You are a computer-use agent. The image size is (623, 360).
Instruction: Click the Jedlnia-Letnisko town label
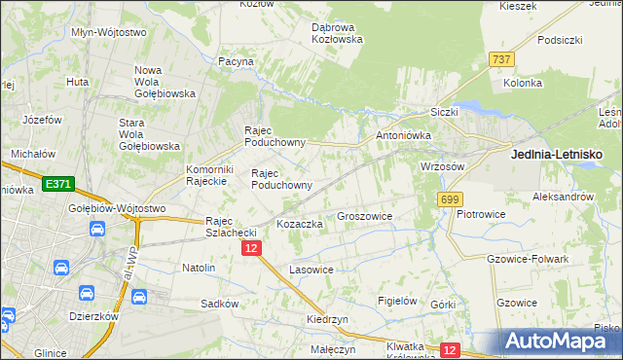pos(557,154)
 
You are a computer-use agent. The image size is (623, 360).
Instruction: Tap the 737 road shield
pos(501,60)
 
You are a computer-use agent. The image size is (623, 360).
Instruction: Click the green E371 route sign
pos(57,184)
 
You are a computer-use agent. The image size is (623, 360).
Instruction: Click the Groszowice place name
pos(364,216)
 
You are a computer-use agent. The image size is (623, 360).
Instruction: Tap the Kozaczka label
pos(300,224)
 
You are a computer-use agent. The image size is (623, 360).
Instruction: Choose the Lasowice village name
pos(311,269)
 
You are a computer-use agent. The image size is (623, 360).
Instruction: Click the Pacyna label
pos(237,61)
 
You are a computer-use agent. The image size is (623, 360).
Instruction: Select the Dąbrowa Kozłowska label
pos(337,33)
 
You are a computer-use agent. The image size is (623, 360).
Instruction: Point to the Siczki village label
pos(443,112)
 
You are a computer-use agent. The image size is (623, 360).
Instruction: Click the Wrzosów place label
pos(442,166)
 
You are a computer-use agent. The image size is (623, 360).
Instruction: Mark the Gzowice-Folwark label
pos(527,259)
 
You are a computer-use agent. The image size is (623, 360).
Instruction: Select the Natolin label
pos(199,267)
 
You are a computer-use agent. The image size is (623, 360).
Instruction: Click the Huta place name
pos(78,82)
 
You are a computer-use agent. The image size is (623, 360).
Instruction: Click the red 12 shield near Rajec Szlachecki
pos(251,249)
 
